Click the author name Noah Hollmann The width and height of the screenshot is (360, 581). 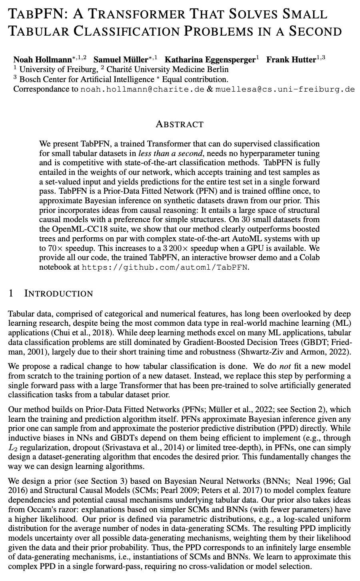pos(42,60)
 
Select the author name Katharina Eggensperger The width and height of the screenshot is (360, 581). pos(210,60)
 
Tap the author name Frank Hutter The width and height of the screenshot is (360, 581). pos(291,60)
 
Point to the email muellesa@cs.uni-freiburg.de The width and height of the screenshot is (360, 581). pos(285,89)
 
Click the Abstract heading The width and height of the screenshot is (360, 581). pos(180,124)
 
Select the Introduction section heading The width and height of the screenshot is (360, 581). pos(58,294)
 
